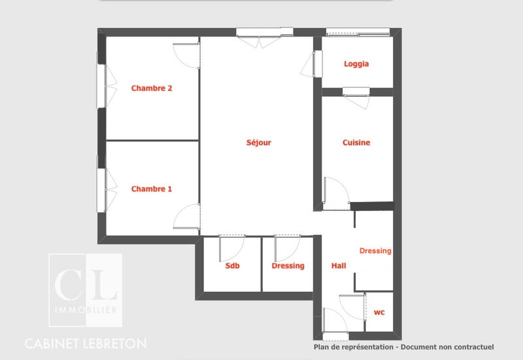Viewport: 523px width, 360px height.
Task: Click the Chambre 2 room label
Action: [x=152, y=88]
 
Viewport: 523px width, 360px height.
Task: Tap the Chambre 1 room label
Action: [x=152, y=189]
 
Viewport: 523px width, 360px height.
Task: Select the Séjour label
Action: [x=258, y=142]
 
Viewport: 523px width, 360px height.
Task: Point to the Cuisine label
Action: [x=356, y=142]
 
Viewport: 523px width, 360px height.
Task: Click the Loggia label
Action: [x=356, y=64]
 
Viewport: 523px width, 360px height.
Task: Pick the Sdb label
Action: [x=232, y=266]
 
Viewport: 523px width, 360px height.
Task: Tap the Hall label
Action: [x=339, y=266]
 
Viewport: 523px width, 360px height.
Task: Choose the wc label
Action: [x=379, y=313]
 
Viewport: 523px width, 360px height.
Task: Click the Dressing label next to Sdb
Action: [x=288, y=266]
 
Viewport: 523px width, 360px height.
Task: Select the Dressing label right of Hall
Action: [x=375, y=251]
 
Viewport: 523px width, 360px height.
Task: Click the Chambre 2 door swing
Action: [x=187, y=55]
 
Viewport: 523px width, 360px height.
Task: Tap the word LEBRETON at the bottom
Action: [x=114, y=343]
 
